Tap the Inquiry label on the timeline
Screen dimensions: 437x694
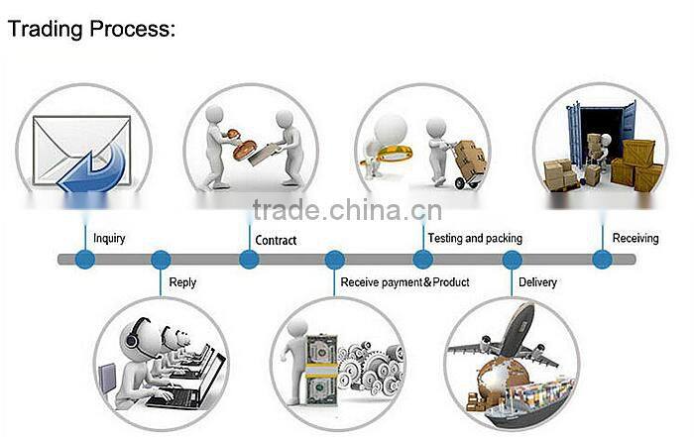(109, 239)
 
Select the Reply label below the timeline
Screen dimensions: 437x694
(182, 282)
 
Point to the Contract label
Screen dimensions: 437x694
(276, 240)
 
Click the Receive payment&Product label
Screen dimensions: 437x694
(405, 282)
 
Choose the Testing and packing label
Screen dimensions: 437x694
(474, 239)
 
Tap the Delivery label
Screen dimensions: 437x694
(537, 282)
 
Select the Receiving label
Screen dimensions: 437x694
(636, 239)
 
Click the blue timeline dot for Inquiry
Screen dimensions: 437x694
(85, 260)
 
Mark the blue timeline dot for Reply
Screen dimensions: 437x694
(161, 260)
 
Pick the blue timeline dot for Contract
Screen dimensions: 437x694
(249, 260)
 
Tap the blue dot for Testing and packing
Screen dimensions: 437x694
(423, 260)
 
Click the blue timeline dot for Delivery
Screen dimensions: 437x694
(512, 260)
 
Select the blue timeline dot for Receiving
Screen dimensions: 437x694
(602, 260)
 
